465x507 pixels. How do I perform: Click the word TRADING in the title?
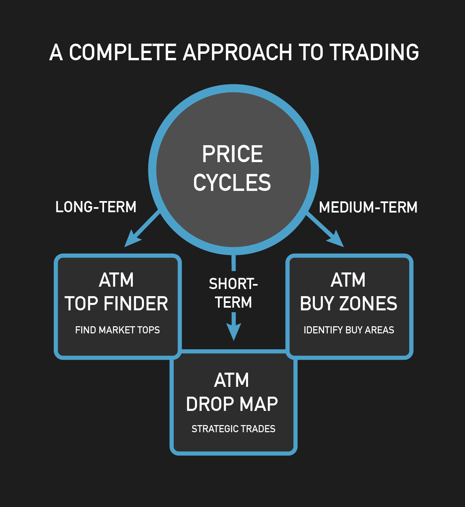click(x=374, y=52)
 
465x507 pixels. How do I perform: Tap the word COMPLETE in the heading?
click(x=123, y=52)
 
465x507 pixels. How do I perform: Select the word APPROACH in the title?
click(x=238, y=52)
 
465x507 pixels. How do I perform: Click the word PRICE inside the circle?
click(x=232, y=154)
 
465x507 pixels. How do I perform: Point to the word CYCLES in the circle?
click(x=232, y=182)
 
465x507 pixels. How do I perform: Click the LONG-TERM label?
click(x=96, y=207)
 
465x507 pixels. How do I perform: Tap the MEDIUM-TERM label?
click(x=368, y=207)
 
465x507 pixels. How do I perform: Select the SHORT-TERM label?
click(x=234, y=293)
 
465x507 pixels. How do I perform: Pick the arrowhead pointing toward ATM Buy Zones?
click(x=336, y=239)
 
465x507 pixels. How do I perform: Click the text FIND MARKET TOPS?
click(x=117, y=330)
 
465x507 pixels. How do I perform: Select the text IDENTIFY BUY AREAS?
click(x=349, y=330)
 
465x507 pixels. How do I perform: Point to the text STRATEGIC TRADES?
click(x=234, y=429)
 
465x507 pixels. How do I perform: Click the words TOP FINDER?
click(x=116, y=304)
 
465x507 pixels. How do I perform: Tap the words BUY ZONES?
click(x=349, y=304)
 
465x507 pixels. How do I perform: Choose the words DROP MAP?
click(x=232, y=404)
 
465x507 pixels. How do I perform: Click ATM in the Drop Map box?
click(x=231, y=380)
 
